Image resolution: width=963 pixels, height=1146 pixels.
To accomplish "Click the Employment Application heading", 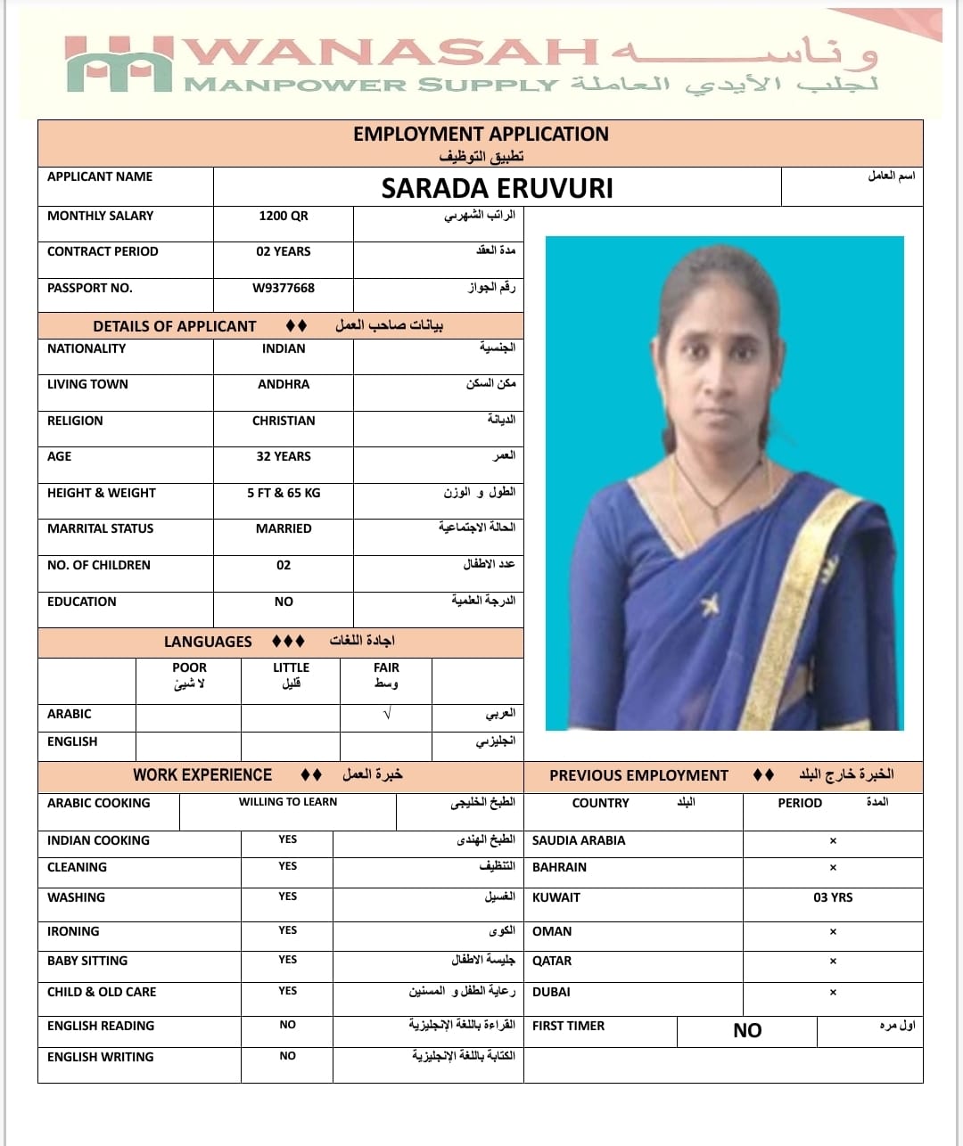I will click(x=481, y=135).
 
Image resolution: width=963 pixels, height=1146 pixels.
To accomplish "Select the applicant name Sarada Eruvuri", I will click(x=497, y=189).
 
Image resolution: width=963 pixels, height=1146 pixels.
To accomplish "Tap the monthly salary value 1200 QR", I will click(x=284, y=216).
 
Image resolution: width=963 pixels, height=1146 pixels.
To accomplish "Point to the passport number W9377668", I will click(x=284, y=288).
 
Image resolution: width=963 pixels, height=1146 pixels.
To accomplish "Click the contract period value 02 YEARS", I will click(x=284, y=251).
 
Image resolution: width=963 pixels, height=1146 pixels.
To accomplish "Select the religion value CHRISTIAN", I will click(x=284, y=421).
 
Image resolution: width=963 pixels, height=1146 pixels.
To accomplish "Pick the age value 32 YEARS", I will click(x=284, y=456).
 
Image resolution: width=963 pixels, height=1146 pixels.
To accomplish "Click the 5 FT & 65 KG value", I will click(x=284, y=493).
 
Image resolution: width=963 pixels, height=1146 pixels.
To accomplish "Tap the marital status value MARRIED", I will click(x=284, y=528).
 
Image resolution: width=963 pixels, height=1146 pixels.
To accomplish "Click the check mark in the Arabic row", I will click(x=386, y=715).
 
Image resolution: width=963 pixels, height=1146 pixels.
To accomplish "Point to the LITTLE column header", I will click(x=291, y=667).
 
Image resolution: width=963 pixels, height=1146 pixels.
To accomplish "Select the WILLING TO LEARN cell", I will click(x=288, y=802).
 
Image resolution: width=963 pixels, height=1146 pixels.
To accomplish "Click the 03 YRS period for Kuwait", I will click(x=833, y=897).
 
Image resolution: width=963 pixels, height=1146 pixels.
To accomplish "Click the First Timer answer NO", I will click(x=747, y=1031).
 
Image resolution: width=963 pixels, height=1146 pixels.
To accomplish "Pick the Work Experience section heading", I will click(x=202, y=775).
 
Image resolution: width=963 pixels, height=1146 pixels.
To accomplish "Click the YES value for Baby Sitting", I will click(x=287, y=960).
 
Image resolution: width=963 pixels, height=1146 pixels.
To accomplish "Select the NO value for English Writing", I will click(x=287, y=1056).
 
